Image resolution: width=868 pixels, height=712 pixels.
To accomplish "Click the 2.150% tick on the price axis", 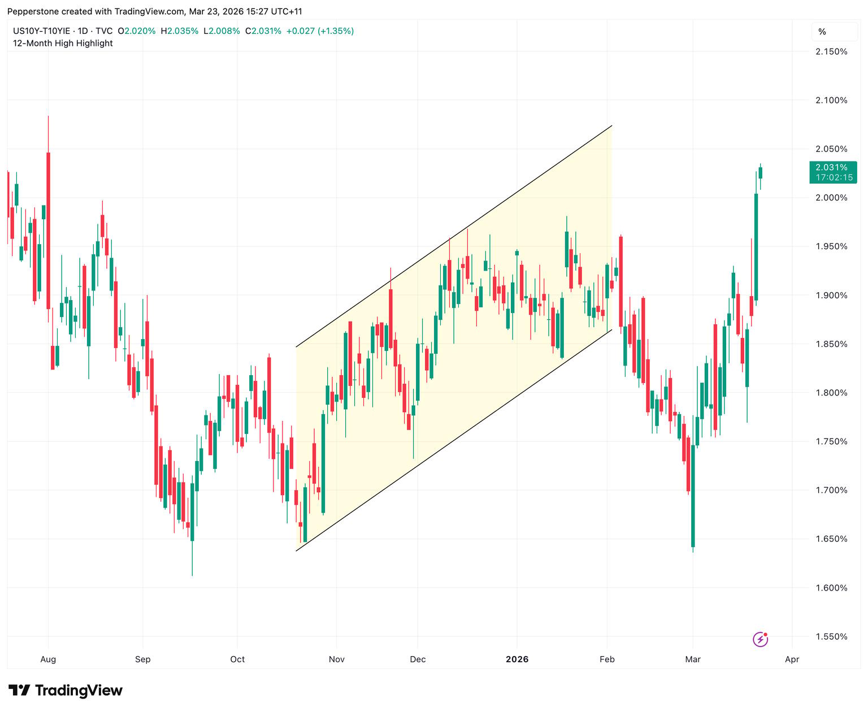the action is tap(831, 51).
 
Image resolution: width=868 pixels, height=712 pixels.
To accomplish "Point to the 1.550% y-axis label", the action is tap(831, 636).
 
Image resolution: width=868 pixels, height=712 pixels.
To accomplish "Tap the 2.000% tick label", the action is tap(831, 198).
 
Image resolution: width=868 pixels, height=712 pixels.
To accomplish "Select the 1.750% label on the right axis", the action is tap(831, 441).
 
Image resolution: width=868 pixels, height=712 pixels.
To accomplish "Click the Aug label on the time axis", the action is tap(48, 659).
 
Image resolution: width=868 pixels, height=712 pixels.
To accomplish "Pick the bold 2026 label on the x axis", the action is tap(517, 659).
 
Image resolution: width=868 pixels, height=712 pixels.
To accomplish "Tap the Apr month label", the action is tap(792, 659).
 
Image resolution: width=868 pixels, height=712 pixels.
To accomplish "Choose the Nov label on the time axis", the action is tap(336, 659).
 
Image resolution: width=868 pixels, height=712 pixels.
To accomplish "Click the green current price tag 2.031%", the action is tap(833, 172).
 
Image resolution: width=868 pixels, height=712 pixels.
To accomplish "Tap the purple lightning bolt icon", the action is tap(760, 639).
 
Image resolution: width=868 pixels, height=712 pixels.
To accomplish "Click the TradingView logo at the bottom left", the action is tap(66, 690).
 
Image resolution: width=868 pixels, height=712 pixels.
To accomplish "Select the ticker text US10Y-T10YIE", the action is tap(42, 31).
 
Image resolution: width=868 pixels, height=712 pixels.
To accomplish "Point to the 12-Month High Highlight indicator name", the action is tap(63, 43).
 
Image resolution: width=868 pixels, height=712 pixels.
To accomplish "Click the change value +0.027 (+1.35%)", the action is tap(320, 31).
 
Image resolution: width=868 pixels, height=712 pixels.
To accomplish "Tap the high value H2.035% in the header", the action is tap(180, 31).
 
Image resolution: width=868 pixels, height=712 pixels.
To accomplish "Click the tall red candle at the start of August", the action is tap(48, 231).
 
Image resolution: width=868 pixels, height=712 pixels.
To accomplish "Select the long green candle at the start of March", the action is tap(693, 496).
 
